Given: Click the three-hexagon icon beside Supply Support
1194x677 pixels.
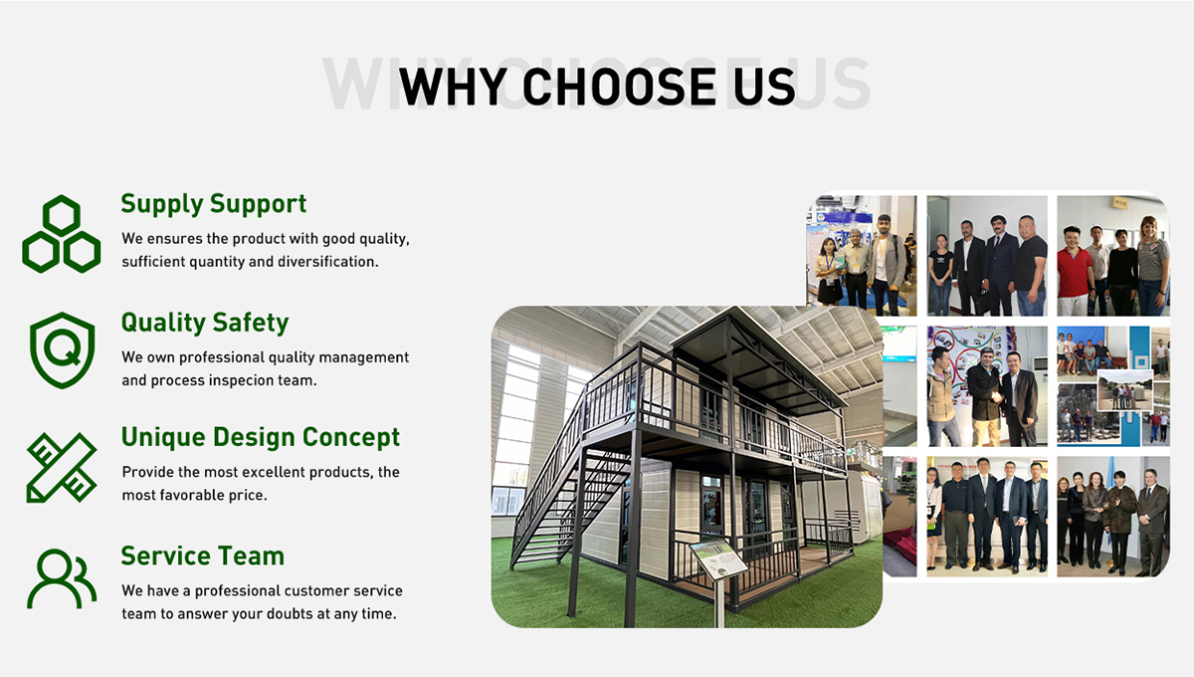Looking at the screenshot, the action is pos(62,234).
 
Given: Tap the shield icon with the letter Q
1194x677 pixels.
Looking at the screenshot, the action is pos(63,350).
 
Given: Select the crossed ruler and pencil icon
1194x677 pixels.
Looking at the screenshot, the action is pos(62,468).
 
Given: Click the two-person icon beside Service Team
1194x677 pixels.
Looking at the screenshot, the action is pos(62,578).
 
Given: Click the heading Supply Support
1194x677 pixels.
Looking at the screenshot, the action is pos(213,204).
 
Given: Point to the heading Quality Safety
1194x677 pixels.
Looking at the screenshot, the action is pos(205,323).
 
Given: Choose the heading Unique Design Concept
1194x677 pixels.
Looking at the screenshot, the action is pos(260,437).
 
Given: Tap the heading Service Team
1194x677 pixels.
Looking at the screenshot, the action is pos(203,556).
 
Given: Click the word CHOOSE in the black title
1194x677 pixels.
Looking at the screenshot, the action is pos(619,87).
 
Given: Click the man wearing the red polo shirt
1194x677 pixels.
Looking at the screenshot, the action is pos(1074,271).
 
